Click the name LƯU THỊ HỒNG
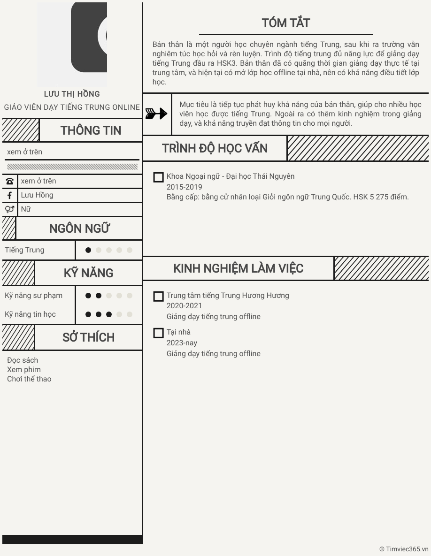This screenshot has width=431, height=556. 72,94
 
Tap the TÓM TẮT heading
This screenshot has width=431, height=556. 285,23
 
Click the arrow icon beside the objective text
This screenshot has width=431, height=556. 156,114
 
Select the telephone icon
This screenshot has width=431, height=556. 9,181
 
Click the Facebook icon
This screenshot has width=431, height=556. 9,195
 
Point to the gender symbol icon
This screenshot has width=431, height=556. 9,209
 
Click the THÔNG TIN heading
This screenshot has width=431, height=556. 91,130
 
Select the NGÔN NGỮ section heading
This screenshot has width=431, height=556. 79,228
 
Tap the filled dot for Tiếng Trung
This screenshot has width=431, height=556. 88,250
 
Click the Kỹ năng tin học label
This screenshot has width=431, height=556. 30,314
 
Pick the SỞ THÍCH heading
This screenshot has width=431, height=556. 88,337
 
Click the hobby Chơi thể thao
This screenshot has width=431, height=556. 29,379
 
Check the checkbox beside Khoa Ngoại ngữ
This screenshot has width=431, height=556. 159,177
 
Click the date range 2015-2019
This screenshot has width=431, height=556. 184,187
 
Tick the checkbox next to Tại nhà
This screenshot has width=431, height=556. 159,333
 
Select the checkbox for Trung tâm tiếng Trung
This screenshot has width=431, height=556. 159,297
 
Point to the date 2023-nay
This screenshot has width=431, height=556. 182,343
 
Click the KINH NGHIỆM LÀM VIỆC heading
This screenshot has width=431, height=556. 238,268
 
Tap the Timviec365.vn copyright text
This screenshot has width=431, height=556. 404,549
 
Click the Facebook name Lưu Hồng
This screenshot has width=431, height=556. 37,195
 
